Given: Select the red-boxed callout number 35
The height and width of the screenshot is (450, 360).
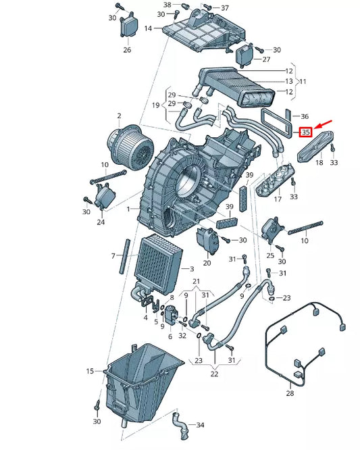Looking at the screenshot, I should [x=305, y=132].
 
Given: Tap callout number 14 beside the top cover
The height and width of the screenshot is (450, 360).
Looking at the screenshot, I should [x=149, y=28].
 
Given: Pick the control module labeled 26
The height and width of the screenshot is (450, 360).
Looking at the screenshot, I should [x=128, y=28].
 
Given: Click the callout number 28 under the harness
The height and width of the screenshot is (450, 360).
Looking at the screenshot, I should [x=290, y=393].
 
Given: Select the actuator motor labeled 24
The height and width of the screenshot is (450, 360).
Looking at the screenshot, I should [x=106, y=197].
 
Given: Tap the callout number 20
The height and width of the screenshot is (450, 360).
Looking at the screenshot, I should [x=207, y=264].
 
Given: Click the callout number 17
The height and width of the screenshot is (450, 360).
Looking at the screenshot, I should [x=277, y=200].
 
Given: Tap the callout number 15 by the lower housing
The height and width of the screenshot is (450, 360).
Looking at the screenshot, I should [x=90, y=371].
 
